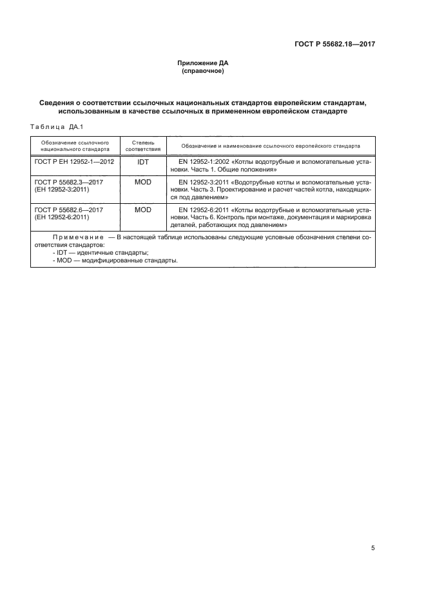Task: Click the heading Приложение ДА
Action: click(x=203, y=63)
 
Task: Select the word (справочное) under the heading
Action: click(x=203, y=72)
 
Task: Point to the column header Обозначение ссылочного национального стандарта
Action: click(x=74, y=145)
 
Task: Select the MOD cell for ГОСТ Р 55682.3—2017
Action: click(x=143, y=183)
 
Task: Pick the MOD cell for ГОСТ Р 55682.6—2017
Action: click(x=143, y=210)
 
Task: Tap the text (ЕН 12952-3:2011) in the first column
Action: click(x=62, y=191)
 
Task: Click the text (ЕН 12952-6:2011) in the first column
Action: click(x=62, y=218)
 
